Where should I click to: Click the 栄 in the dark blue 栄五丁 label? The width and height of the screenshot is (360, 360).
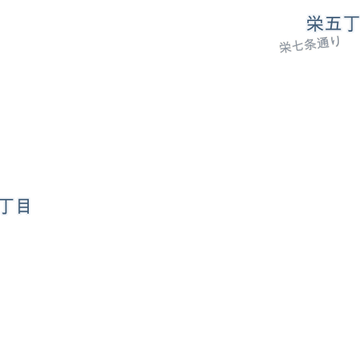[315, 23]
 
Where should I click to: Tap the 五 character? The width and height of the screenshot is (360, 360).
[333, 23]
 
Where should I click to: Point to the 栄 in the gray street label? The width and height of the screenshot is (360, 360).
[285, 47]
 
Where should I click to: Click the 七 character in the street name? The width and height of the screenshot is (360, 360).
[297, 46]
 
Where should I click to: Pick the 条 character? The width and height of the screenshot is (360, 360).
[309, 44]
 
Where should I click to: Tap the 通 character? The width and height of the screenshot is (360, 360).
[322, 43]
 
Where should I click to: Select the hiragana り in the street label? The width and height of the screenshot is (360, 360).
[335, 41]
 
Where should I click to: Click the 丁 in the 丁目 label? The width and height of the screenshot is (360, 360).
[6, 207]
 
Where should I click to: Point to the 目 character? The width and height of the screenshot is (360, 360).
[24, 206]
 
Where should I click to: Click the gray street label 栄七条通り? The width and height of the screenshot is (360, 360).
[309, 44]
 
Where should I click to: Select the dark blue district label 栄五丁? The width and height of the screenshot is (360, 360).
[333, 23]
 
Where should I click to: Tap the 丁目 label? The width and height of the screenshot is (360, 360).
[15, 207]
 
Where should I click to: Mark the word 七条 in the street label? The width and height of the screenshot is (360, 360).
[304, 45]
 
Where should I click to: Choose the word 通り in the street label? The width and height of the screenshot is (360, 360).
[328, 42]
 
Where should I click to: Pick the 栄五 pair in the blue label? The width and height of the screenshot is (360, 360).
[324, 23]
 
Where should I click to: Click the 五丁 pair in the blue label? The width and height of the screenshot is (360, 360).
[342, 24]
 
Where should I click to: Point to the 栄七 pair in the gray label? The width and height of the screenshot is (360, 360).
[291, 46]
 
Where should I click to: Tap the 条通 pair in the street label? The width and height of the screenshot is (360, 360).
[316, 44]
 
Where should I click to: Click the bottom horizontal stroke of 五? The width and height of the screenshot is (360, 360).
[333, 30]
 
